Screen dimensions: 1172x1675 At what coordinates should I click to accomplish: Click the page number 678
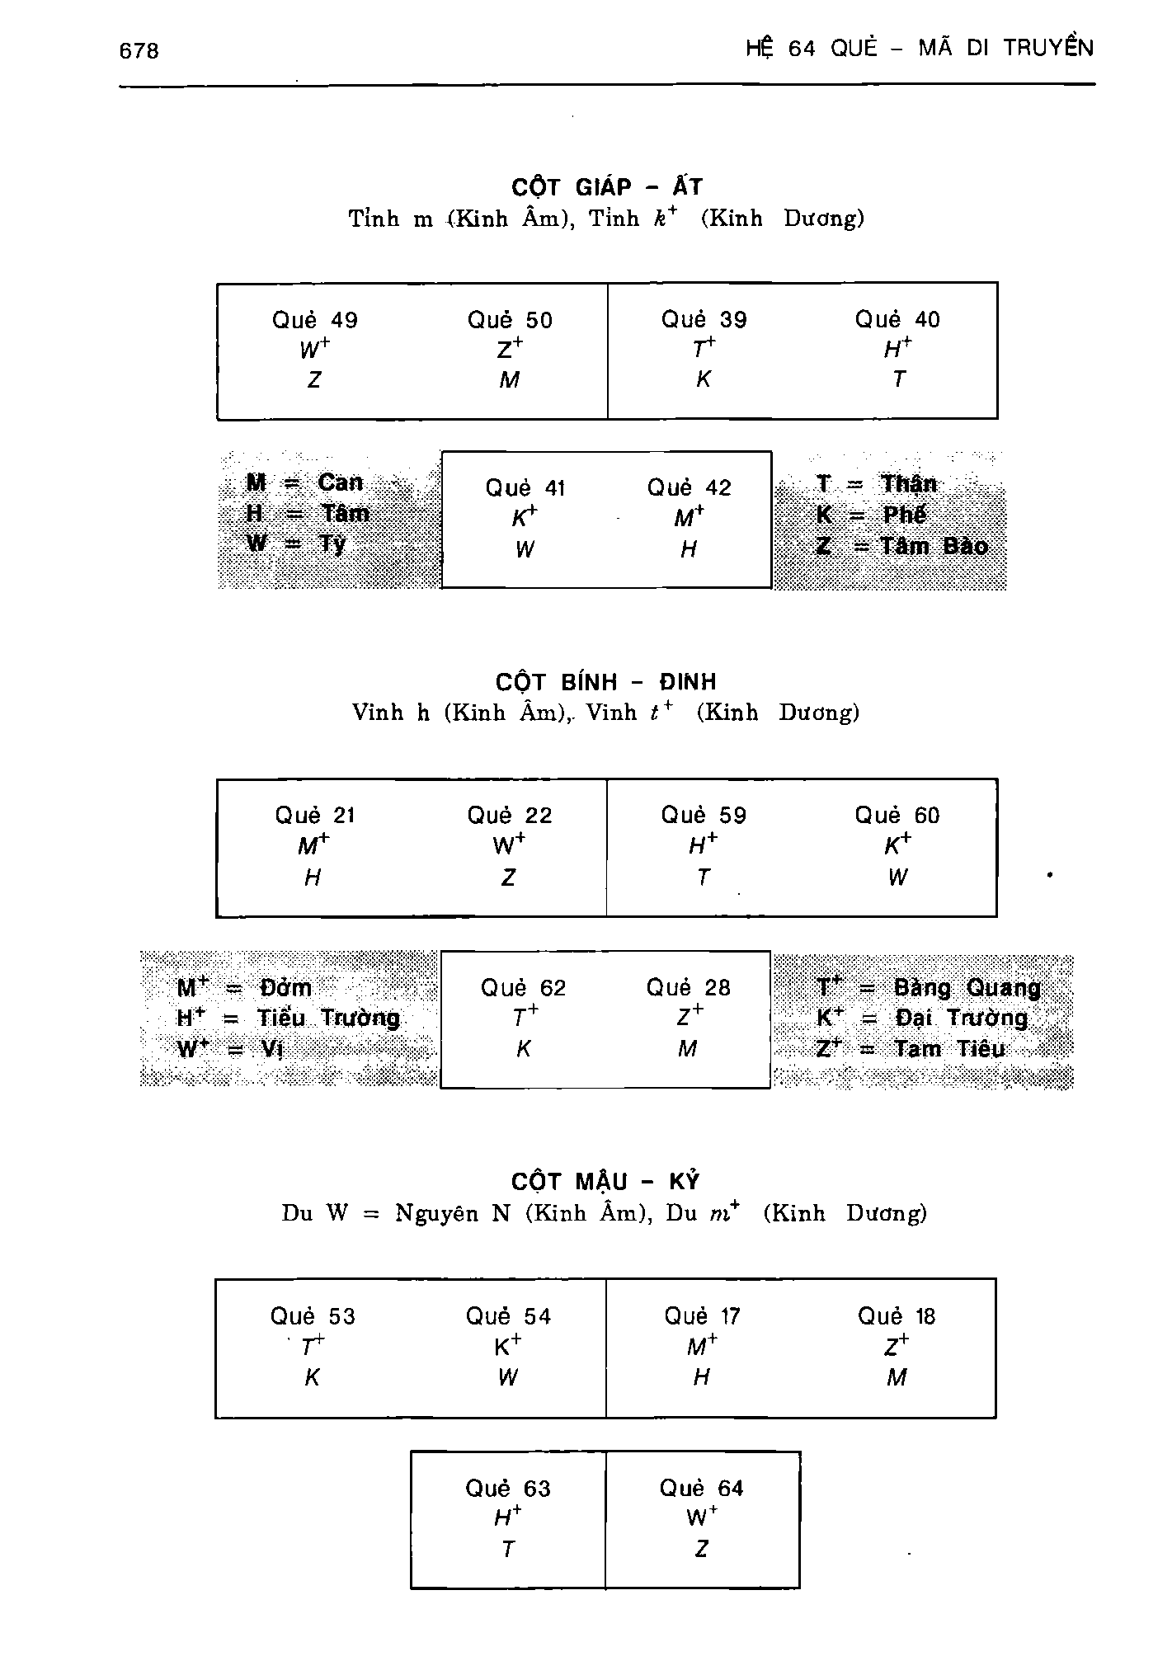pos(139,51)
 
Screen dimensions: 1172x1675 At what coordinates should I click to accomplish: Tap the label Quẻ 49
pos(315,321)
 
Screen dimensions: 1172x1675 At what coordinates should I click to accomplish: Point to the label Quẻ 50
pos(510,321)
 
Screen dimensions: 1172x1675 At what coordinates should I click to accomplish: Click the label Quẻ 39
pos(704,320)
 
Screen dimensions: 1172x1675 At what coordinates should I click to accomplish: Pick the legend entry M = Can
pos(304,482)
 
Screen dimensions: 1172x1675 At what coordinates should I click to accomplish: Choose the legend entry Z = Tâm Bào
pos(901,546)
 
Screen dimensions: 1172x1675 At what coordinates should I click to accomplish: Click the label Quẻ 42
pos(689,488)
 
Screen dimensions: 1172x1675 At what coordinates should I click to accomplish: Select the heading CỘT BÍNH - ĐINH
pos(606,681)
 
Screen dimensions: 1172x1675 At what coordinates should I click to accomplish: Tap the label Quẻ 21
pos(315,816)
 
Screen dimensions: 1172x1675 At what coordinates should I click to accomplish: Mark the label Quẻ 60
pos(897,816)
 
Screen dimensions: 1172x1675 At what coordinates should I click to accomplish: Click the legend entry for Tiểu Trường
pos(288,1019)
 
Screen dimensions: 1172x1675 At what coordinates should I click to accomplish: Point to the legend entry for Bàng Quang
pos(929,988)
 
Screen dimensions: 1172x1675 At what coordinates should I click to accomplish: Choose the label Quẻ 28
pos(688,988)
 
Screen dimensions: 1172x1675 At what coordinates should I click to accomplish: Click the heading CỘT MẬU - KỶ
pos(605,1182)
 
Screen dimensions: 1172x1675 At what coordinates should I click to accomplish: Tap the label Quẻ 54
pos(509,1316)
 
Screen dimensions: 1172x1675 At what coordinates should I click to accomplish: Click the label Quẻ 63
pos(508,1489)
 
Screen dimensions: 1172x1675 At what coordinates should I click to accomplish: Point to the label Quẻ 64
pos(701,1489)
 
